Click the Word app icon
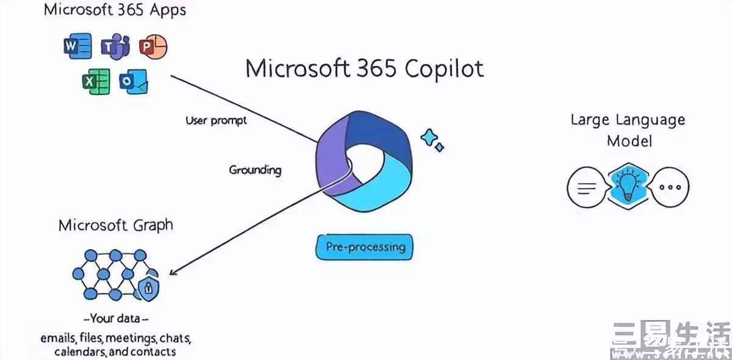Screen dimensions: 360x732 tap(77, 47)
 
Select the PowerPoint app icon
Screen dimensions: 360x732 tap(152, 47)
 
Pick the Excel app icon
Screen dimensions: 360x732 tap(96, 82)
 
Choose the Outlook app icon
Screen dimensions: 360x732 tap(134, 82)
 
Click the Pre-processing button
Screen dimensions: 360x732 tap(365, 247)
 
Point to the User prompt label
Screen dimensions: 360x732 tap(216, 120)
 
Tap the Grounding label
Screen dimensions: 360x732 tap(255, 170)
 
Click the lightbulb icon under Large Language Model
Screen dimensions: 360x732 tap(628, 186)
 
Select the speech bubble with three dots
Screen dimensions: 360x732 tap(669, 187)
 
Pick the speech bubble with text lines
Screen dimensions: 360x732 tap(587, 187)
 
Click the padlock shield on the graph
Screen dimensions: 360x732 tap(148, 288)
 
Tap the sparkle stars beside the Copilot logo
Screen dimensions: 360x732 tap(431, 140)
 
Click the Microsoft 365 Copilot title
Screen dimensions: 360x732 tap(364, 68)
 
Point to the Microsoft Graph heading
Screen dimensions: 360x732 tap(115, 225)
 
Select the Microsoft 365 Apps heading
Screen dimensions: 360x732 tap(115, 10)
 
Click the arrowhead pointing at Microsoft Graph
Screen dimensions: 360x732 tap(173, 272)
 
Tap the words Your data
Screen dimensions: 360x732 tap(115, 319)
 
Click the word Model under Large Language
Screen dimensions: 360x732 tap(629, 141)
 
